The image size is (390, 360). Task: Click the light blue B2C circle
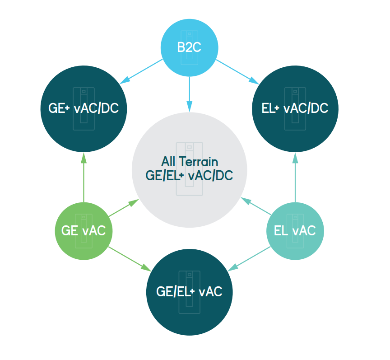[190, 47]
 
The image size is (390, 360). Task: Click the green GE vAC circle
[84, 231]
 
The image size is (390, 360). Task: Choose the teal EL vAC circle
[295, 231]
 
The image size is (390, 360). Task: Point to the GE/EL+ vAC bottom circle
[189, 291]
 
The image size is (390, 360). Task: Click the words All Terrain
[190, 162]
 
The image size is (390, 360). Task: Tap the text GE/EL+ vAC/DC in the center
[190, 176]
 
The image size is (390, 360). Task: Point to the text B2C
[190, 47]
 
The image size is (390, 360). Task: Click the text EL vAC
[295, 230]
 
